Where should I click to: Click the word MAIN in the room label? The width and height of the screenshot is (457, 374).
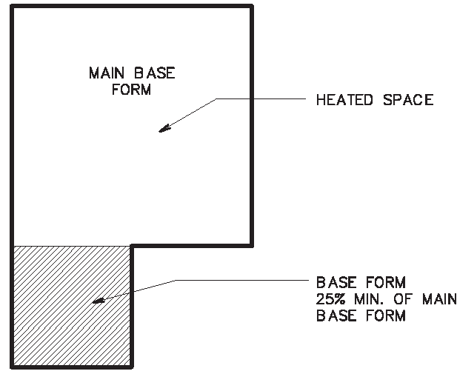(x=105, y=73)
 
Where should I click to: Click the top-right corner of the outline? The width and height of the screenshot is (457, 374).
(x=253, y=6)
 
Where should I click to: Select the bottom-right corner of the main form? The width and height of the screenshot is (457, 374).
(x=253, y=245)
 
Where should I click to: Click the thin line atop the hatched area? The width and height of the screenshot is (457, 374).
(x=72, y=245)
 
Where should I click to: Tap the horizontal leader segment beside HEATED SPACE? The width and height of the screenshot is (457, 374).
(x=259, y=100)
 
